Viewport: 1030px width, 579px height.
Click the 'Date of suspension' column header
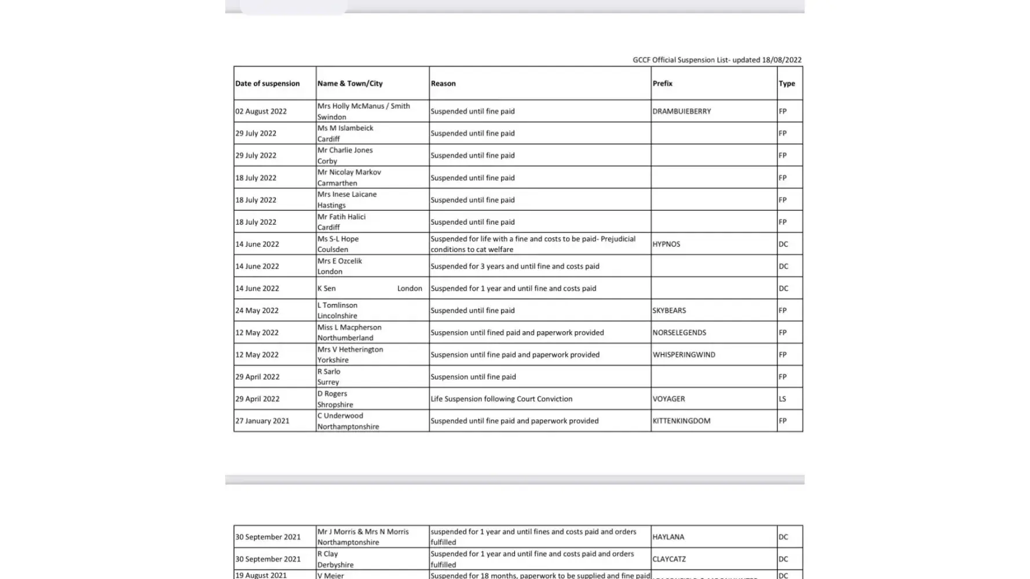[267, 83]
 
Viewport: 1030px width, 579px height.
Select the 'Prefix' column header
[662, 83]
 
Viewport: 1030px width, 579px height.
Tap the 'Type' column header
[786, 83]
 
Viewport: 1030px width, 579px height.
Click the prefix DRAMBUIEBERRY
[681, 111]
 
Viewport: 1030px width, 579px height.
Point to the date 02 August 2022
[261, 111]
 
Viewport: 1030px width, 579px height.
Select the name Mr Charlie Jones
[345, 150]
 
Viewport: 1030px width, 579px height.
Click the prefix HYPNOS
[666, 244]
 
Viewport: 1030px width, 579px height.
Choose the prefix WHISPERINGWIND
[684, 354]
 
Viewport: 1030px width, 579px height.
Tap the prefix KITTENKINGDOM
[681, 421]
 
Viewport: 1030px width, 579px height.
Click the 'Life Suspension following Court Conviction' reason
[501, 399]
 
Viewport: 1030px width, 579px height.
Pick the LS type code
[782, 399]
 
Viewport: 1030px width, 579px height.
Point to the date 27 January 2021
[262, 421]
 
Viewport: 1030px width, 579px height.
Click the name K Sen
[326, 288]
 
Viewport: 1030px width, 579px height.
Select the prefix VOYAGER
[669, 399]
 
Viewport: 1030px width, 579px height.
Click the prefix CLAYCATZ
[669, 559]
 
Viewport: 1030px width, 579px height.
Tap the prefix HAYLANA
[668, 537]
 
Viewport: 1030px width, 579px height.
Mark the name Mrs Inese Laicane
[346, 194]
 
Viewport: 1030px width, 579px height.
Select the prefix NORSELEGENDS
[679, 332]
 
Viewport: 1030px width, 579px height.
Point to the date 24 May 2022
[257, 310]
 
